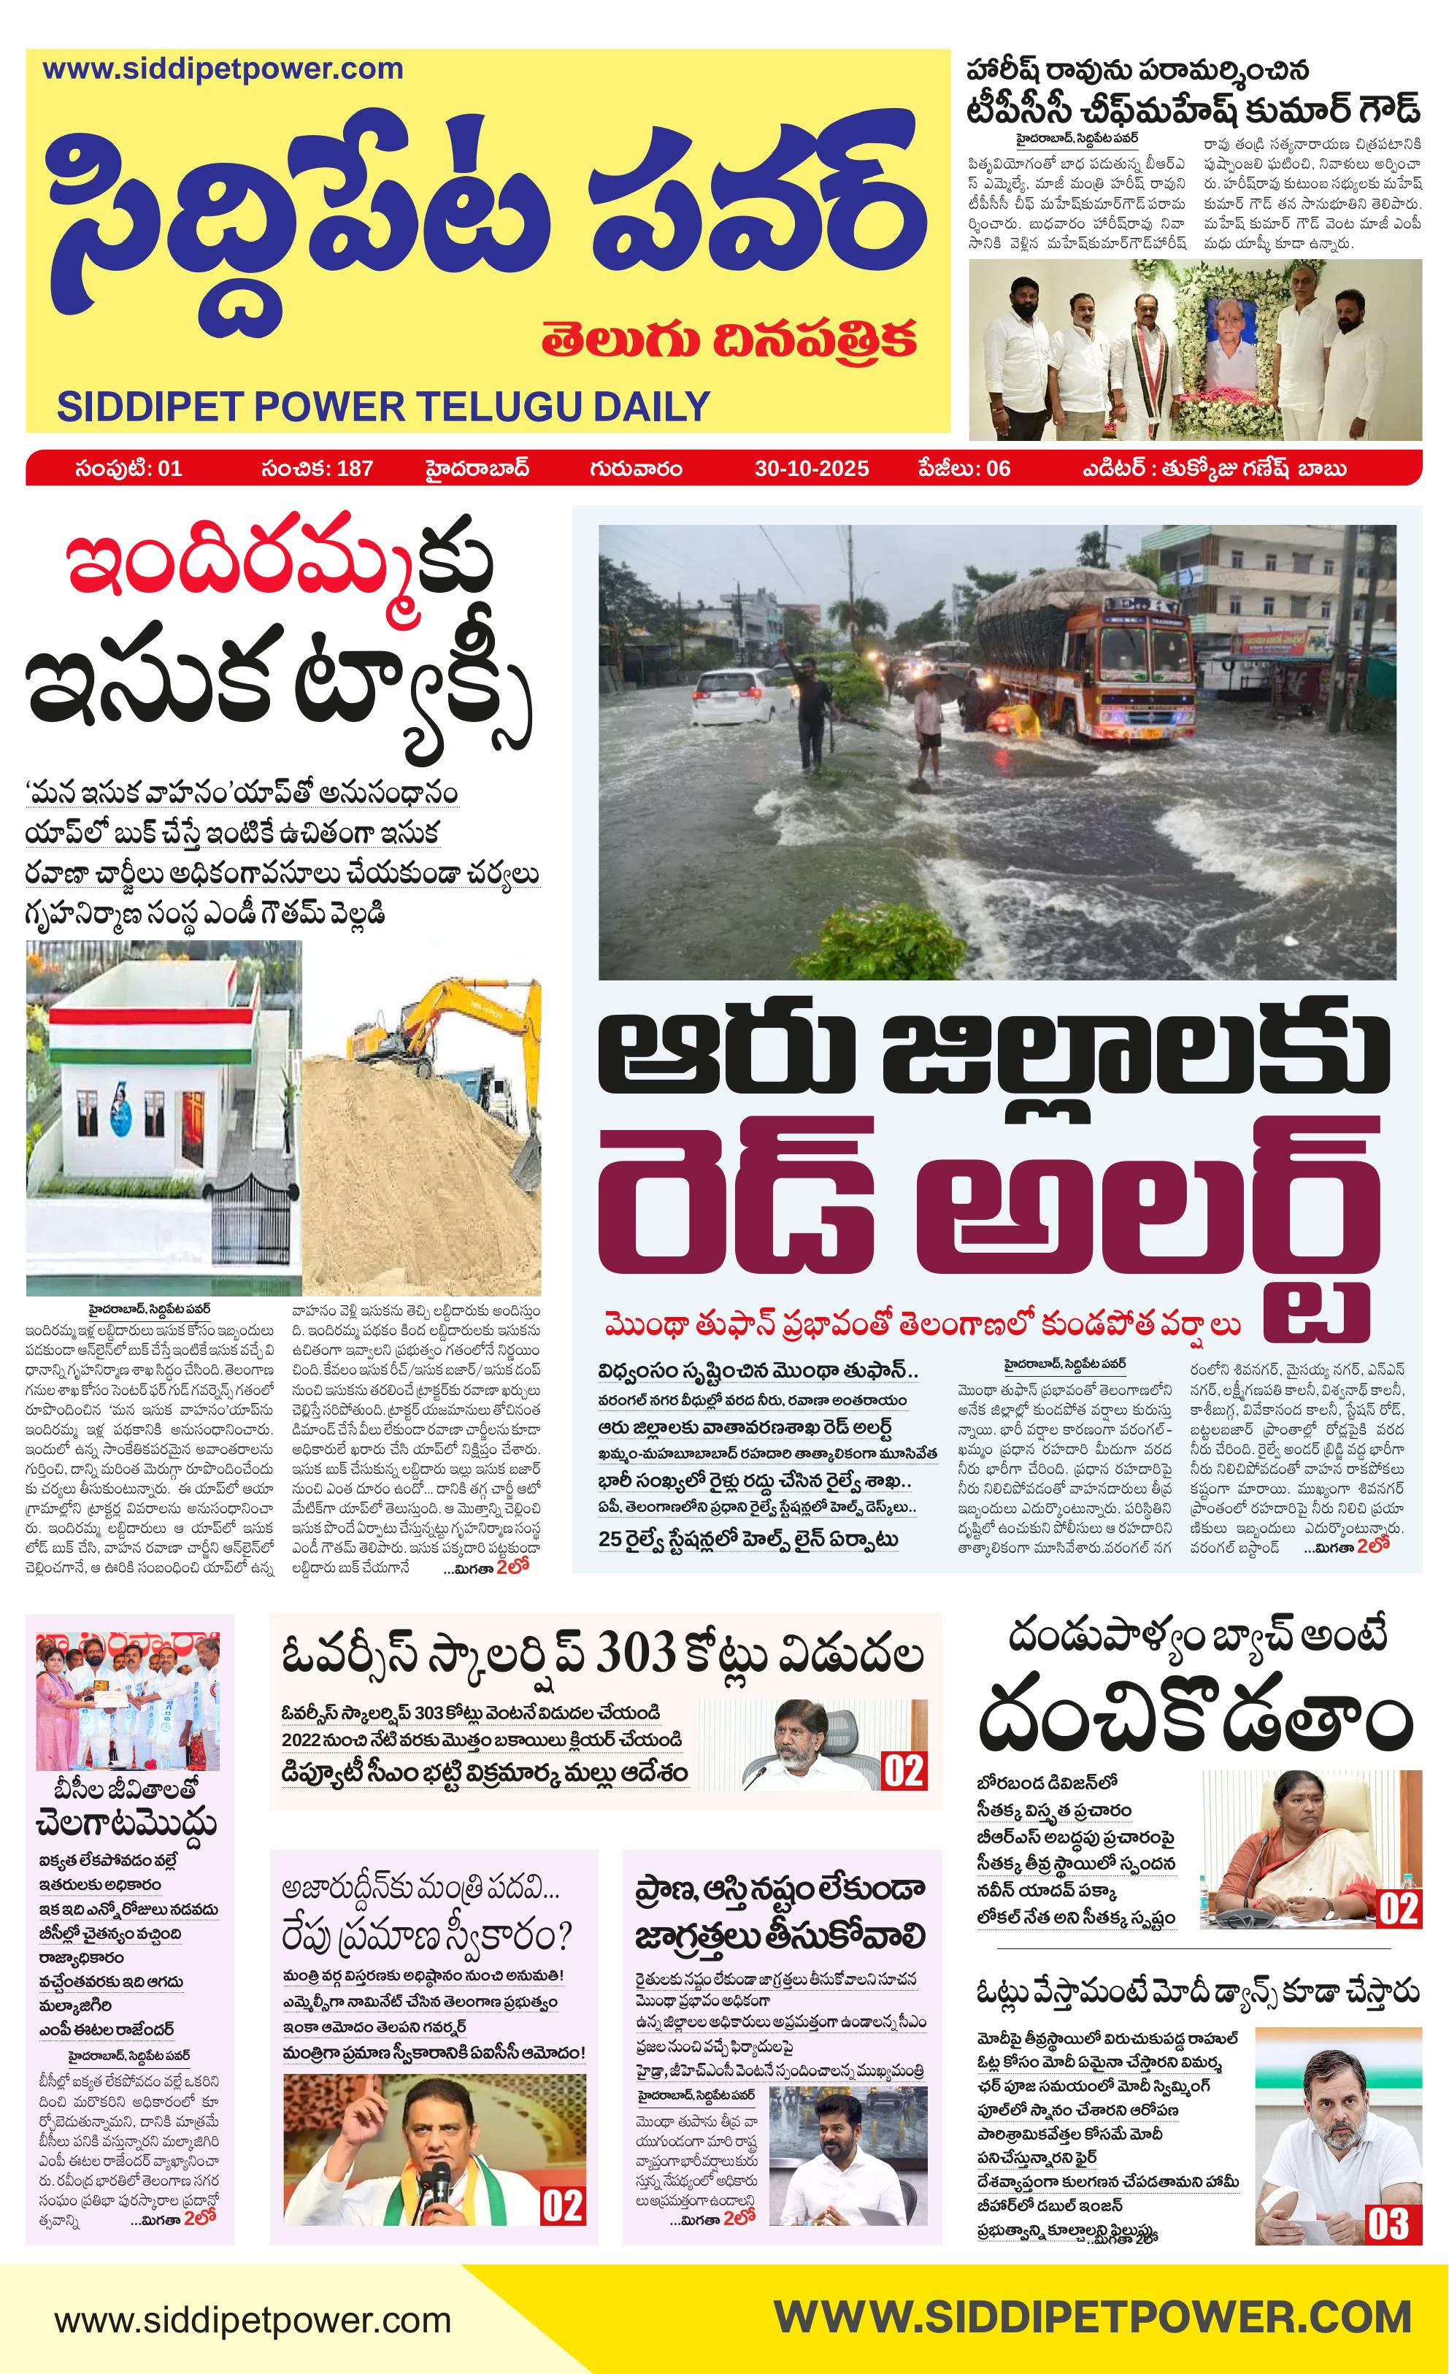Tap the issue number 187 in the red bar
(x=355, y=468)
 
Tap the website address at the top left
(x=223, y=69)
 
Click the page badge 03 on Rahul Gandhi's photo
(x=1388, y=2223)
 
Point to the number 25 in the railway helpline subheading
(x=609, y=1539)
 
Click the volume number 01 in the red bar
(x=169, y=468)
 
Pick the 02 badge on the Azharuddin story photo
(x=561, y=2206)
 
